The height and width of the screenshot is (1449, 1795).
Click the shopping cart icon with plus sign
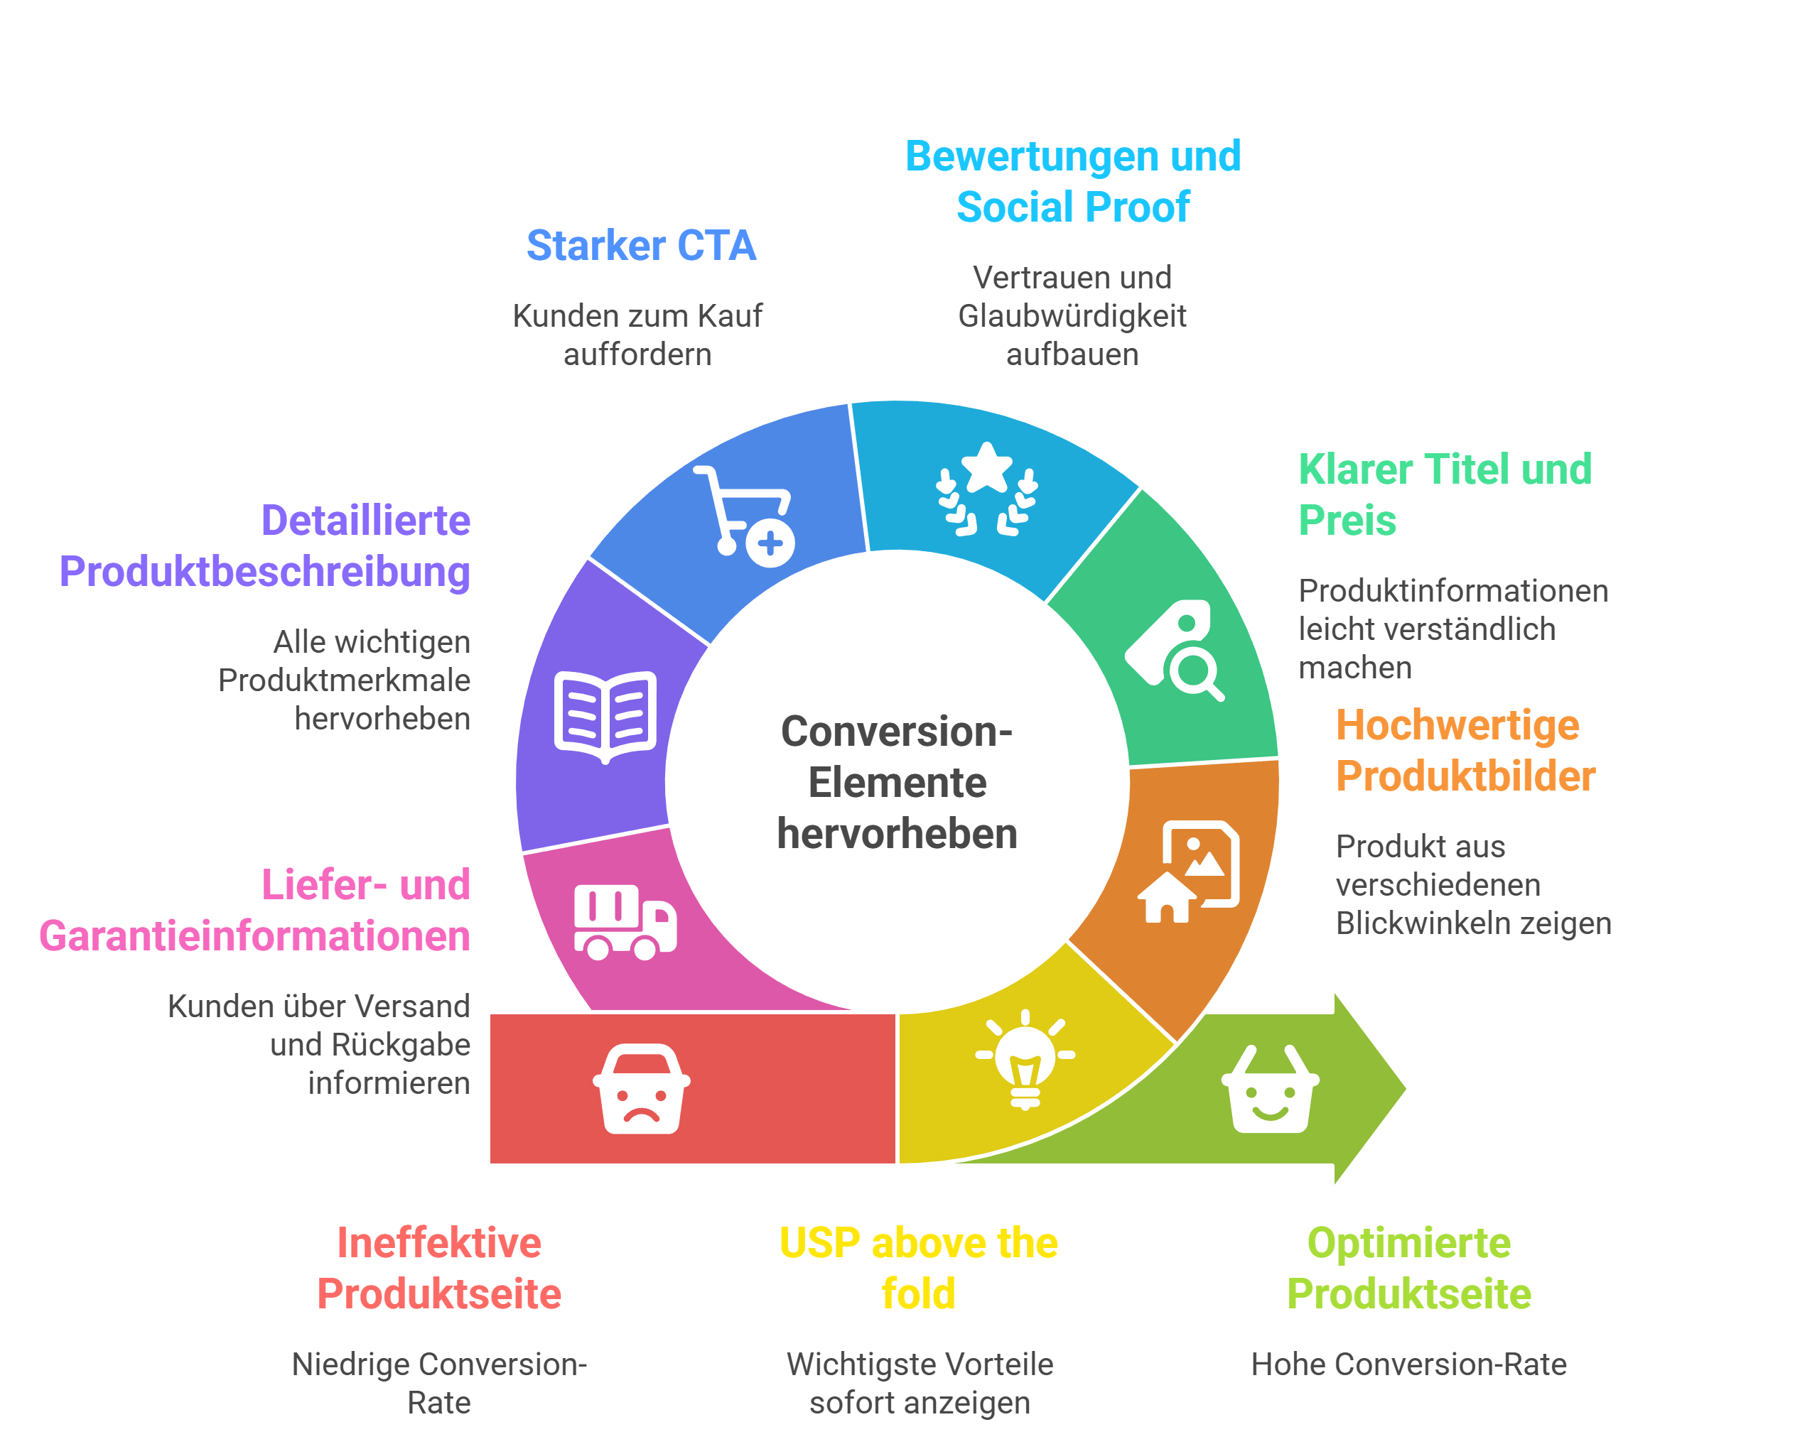(744, 516)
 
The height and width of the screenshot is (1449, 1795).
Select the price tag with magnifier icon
(1174, 649)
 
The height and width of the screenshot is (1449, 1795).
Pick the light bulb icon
(1025, 1058)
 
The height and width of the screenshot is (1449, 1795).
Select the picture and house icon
(1189, 872)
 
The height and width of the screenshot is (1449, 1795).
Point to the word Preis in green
(1347, 520)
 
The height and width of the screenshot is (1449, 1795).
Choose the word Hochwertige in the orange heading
(1457, 724)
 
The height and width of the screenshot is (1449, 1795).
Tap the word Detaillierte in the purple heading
(366, 520)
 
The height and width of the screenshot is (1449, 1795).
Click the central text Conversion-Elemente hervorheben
(897, 782)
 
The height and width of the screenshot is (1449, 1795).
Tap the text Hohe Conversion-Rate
(1408, 1364)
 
